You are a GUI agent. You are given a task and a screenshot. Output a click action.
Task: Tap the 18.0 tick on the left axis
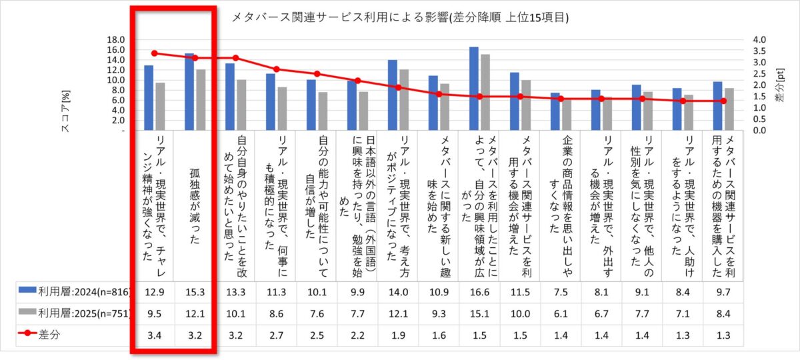point(115,39)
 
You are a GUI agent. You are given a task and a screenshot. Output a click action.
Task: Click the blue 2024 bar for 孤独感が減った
point(189,91)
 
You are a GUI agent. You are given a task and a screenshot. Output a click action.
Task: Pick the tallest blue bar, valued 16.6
point(474,88)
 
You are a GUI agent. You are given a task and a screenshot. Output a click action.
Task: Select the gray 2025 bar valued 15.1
point(485,92)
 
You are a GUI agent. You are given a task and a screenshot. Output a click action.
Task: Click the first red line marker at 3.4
point(154,53)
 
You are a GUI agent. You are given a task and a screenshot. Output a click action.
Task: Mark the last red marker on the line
point(723,101)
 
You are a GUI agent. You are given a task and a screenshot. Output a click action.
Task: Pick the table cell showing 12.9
point(154,293)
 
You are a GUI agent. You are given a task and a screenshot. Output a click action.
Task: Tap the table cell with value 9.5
point(154,314)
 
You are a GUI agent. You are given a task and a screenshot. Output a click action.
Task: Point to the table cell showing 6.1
point(561,314)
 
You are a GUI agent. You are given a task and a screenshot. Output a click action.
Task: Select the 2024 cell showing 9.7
point(723,293)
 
